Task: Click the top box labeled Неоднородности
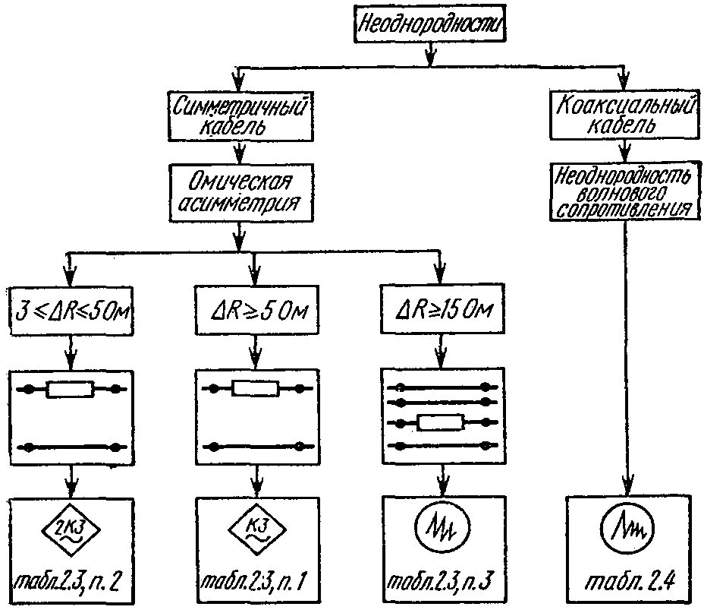[x=429, y=24]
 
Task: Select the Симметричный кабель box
[x=240, y=116]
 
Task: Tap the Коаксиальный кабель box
[x=624, y=115]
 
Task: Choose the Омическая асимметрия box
[x=240, y=192]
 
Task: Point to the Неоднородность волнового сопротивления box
[x=625, y=192]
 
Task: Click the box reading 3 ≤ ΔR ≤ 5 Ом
[x=72, y=311]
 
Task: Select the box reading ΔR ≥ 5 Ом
[x=257, y=310]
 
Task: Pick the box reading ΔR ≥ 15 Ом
[x=442, y=309]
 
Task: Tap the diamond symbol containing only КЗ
[x=256, y=529]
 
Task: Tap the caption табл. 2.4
[x=629, y=582]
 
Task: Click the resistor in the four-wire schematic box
[x=441, y=423]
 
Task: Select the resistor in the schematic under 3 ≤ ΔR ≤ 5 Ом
[x=71, y=389]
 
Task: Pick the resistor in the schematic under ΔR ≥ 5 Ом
[x=256, y=389]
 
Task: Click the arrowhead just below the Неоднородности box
[x=430, y=55]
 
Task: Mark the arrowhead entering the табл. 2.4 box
[x=627, y=486]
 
